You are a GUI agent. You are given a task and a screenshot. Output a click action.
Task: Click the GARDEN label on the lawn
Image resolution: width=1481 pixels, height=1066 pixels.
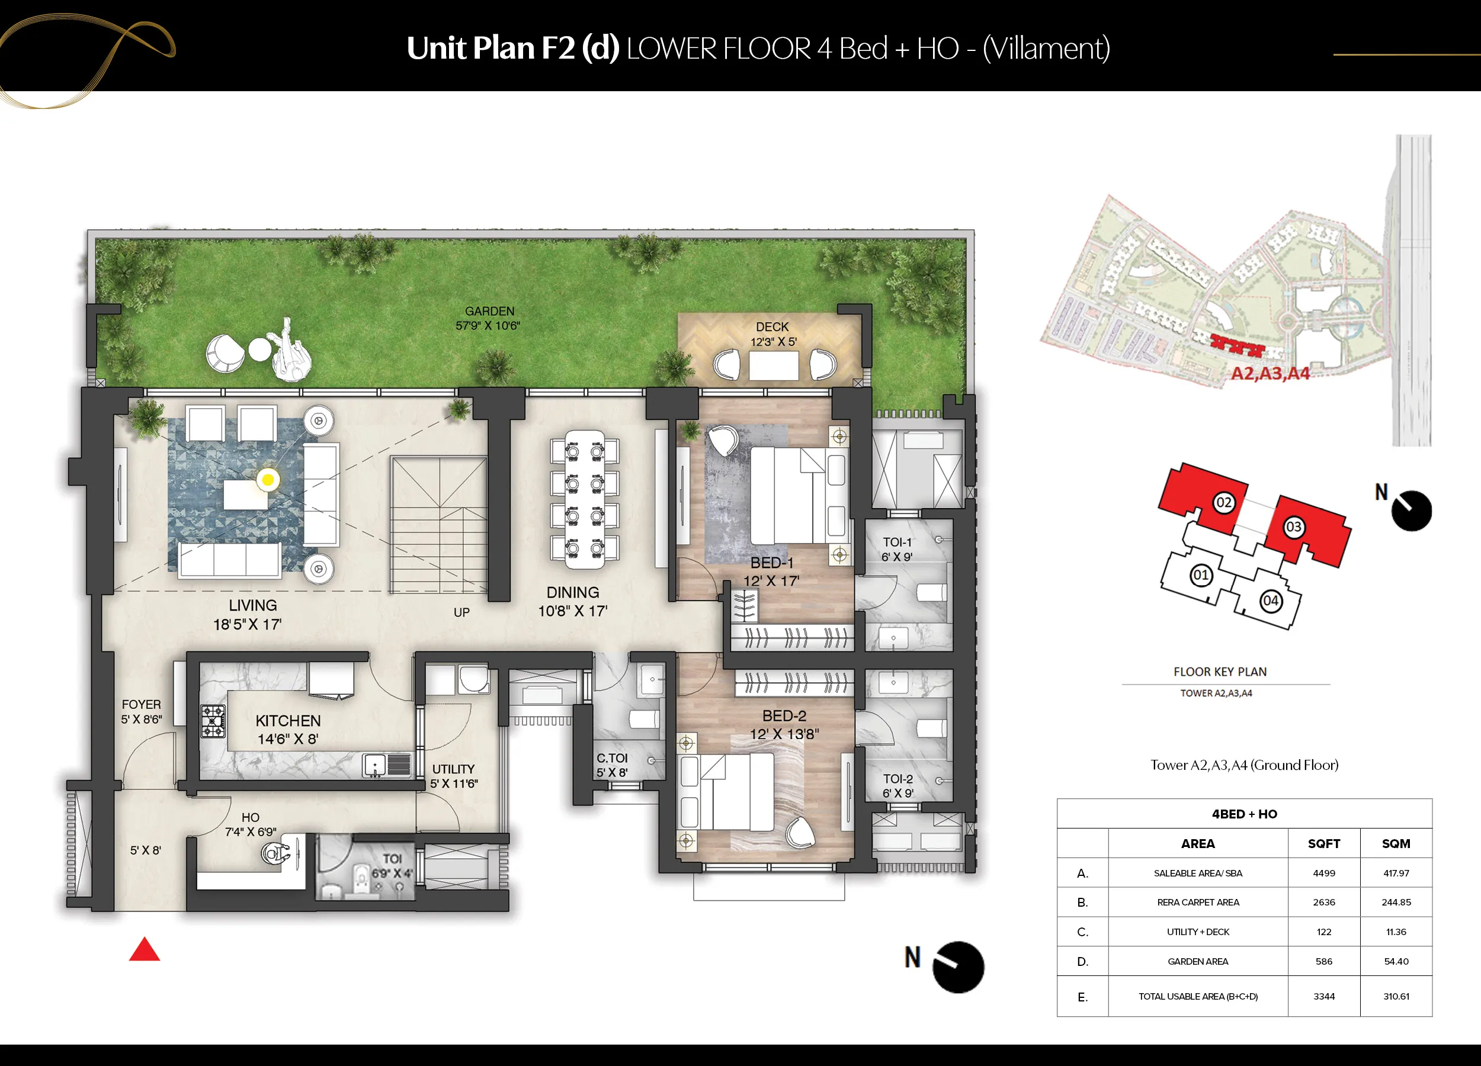coord(490,312)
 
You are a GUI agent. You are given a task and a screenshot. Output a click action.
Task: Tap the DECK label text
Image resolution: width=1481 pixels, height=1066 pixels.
coord(772,326)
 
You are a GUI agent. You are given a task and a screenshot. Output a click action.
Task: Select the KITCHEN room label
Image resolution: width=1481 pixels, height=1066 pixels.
coord(288,721)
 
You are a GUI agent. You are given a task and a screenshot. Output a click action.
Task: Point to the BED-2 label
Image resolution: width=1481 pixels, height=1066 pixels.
coord(784,715)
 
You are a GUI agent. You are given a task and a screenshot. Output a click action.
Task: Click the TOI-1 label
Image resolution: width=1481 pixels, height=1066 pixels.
coord(897,542)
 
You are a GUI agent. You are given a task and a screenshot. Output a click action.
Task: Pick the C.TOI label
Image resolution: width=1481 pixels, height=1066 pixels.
coord(612,758)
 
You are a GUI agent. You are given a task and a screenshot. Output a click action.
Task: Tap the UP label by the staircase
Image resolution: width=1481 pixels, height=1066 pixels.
coord(461,612)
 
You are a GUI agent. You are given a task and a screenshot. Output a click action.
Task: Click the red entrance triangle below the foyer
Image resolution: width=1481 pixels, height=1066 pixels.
coord(145,950)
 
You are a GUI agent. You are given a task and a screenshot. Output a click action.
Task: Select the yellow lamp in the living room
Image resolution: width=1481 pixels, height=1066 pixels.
coord(268,480)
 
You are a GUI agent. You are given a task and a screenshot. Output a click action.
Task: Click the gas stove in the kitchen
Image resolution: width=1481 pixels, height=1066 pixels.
coord(213,721)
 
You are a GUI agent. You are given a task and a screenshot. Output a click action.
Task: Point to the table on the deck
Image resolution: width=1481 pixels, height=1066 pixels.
coord(774,365)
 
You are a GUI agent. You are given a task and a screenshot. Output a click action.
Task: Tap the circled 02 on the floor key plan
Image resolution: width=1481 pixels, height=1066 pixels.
coord(1224,503)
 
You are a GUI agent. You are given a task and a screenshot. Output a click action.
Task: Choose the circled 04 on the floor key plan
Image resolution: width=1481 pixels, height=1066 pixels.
coord(1271,601)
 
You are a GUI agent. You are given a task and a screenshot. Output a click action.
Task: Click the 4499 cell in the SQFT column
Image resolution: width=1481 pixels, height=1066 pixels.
coord(1323,874)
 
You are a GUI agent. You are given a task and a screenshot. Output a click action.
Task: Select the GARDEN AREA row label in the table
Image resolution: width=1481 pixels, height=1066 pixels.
coord(1198,962)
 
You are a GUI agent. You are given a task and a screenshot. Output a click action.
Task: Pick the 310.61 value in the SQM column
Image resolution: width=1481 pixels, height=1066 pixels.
coord(1396,997)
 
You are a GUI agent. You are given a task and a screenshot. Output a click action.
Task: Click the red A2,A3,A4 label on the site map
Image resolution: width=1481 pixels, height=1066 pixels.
coord(1270,373)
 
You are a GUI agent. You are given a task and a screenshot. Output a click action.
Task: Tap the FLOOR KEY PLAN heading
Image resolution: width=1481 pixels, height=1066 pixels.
coord(1220,672)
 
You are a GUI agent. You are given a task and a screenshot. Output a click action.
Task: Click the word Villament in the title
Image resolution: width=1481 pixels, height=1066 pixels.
coord(1047,49)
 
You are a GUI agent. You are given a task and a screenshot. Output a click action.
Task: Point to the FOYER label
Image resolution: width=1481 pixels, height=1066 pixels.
coord(141,704)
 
